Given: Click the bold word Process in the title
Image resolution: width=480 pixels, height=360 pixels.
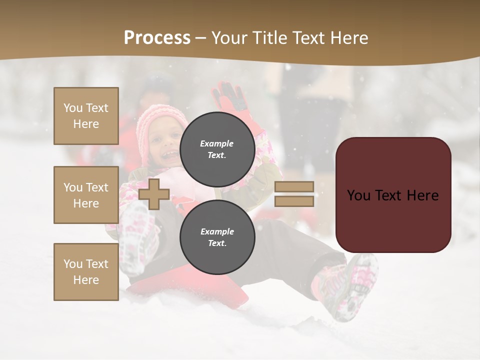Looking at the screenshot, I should coord(157,38).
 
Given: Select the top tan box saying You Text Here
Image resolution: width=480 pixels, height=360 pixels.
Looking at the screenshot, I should coord(86,116).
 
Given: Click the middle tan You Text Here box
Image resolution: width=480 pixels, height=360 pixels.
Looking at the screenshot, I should coord(86,195).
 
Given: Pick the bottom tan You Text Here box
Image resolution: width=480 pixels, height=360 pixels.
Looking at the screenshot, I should coord(86,272).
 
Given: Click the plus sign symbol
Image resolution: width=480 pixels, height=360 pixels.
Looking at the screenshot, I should coord(153,194).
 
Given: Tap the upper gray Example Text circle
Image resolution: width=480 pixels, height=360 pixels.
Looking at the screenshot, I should coord(217,149).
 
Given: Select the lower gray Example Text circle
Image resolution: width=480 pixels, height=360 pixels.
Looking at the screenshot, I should coord(217,237).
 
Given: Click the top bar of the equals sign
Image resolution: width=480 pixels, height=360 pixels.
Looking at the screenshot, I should coord(294,187).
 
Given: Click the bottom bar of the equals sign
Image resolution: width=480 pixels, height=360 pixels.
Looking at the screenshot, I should coord(294,201).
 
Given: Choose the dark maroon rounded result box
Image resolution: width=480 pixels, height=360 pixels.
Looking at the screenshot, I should coord(393,195).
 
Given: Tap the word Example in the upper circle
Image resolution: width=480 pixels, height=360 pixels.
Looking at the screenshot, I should coord(217,143).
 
